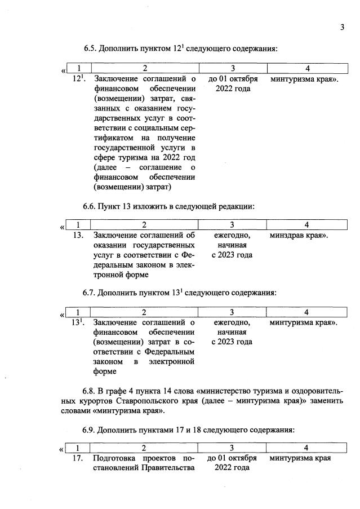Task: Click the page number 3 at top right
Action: point(341,27)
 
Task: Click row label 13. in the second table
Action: point(79,235)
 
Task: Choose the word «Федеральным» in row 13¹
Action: point(170,352)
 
